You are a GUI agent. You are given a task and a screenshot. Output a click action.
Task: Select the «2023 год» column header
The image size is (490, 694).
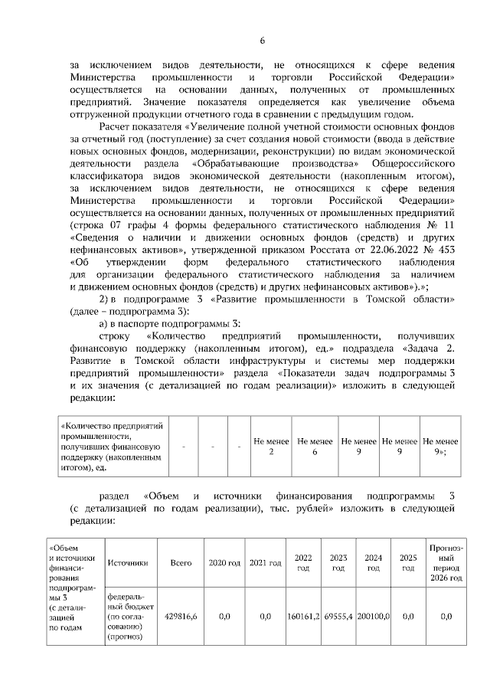(338, 563)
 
